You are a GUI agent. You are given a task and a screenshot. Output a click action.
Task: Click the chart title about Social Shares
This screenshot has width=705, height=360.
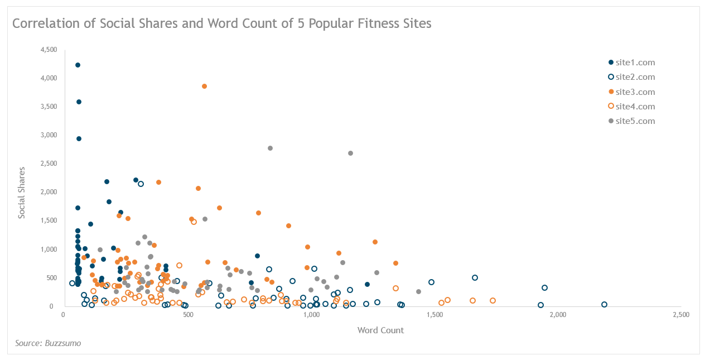(x=221, y=24)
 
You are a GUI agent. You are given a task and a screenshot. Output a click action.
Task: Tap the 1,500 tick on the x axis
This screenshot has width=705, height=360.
(x=434, y=315)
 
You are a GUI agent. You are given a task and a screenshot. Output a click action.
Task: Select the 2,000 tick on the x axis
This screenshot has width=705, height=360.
(x=558, y=315)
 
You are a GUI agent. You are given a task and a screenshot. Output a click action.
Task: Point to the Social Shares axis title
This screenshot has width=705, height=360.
(x=22, y=192)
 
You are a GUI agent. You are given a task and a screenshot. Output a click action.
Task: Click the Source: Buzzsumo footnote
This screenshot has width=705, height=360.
(x=47, y=343)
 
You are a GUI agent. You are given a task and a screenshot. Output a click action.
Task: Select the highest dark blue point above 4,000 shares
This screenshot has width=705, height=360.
(x=78, y=65)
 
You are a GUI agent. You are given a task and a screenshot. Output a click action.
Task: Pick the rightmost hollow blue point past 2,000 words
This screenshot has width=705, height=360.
(x=604, y=305)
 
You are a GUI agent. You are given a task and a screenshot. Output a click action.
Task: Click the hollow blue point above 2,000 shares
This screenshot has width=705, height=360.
(x=141, y=184)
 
